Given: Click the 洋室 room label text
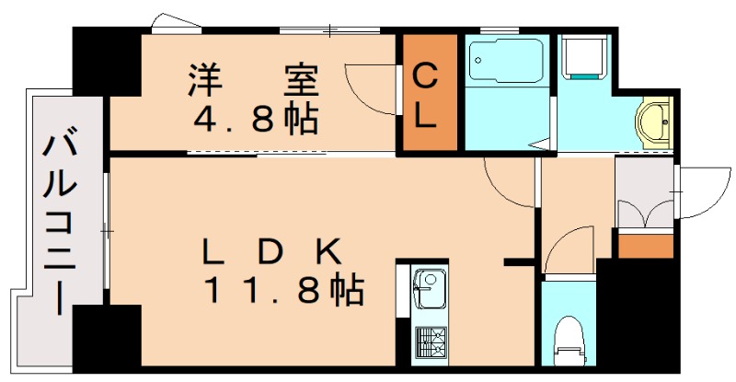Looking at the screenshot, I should [254, 80].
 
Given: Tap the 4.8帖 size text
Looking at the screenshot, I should [255, 118].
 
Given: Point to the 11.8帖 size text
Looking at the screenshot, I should [283, 291].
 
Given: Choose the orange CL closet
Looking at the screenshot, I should [426, 93].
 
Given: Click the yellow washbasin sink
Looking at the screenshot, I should [653, 122].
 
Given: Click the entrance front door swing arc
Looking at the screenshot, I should [694, 192].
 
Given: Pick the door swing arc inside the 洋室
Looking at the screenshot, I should [368, 88].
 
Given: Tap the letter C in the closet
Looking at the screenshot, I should [426, 76].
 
